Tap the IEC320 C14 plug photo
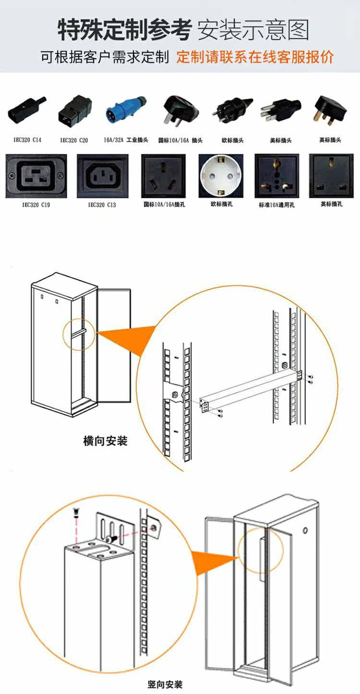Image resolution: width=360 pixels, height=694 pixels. [27, 112]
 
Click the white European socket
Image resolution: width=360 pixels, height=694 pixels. [220, 176]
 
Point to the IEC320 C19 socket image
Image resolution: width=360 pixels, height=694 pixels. [36, 176]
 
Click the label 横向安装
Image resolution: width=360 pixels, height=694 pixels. [105, 441]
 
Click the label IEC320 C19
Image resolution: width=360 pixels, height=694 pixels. [36, 205]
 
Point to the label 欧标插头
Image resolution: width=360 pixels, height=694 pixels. [232, 141]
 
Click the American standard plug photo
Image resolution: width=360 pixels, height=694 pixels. [280, 111]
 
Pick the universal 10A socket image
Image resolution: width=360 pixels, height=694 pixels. [276, 176]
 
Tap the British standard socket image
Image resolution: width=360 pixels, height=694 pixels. [331, 176]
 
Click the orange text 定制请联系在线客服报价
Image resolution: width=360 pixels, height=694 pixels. [254, 57]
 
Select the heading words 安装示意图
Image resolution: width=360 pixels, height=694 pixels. [253, 30]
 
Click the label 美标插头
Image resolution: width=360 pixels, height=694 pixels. [281, 141]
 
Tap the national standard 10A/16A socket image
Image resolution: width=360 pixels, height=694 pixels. [163, 176]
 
